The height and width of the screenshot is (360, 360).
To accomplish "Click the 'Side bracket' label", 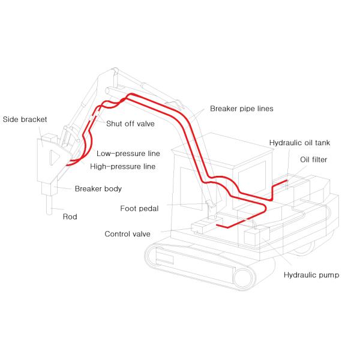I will click(25, 119).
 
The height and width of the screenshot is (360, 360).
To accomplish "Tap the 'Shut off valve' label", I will click(131, 124).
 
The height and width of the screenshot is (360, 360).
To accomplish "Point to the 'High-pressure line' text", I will click(123, 166).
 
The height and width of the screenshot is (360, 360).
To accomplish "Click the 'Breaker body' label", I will click(98, 188).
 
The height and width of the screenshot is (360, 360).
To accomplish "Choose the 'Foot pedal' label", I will click(140, 209).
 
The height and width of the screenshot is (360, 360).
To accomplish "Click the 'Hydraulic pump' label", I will click(311, 275).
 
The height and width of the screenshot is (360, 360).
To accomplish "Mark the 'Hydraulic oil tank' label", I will click(299, 143).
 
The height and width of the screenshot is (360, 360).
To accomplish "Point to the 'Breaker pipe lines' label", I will click(242, 109).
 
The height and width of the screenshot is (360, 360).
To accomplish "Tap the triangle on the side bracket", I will click(53, 158).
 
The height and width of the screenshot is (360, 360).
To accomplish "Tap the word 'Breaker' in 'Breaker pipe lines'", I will click(223, 109).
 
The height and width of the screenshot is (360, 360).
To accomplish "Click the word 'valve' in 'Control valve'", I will click(140, 234).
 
